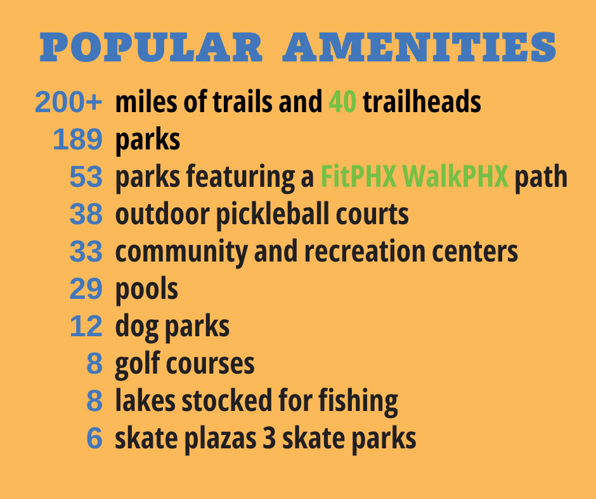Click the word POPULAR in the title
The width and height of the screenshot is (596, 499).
point(150,47)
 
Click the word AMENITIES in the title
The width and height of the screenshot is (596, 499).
point(419,47)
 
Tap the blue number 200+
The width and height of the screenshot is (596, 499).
point(68,102)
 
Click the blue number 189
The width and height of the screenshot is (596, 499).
point(77,140)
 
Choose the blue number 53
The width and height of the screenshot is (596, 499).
point(86,177)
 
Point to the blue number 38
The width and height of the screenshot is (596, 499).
point(86,215)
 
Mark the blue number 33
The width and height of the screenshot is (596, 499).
point(86,252)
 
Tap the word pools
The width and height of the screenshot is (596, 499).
point(146,289)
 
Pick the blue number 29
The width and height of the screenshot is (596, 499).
point(86,289)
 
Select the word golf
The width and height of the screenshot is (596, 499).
point(136,364)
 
